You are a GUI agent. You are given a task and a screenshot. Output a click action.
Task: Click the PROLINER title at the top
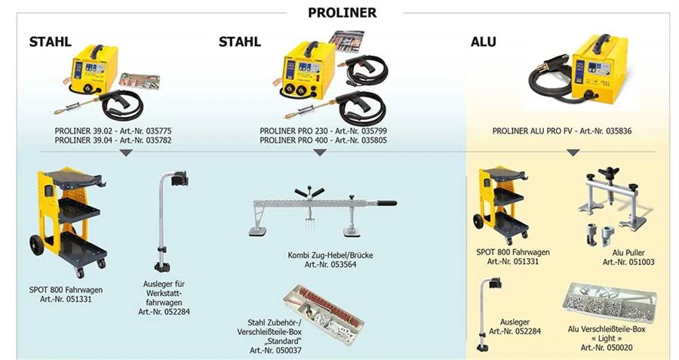tap(342, 13)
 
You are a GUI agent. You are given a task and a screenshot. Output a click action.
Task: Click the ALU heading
tap(483, 42)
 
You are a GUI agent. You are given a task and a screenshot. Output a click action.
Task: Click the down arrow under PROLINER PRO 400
tap(320, 153)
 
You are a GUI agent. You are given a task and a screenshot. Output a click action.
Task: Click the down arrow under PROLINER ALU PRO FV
tap(573, 153)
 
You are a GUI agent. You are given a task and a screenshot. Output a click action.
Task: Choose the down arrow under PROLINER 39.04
tap(126, 153)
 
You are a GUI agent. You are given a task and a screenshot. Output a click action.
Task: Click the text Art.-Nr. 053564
tap(330, 264)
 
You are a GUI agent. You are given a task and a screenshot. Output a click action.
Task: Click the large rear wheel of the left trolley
tap(36, 245)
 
